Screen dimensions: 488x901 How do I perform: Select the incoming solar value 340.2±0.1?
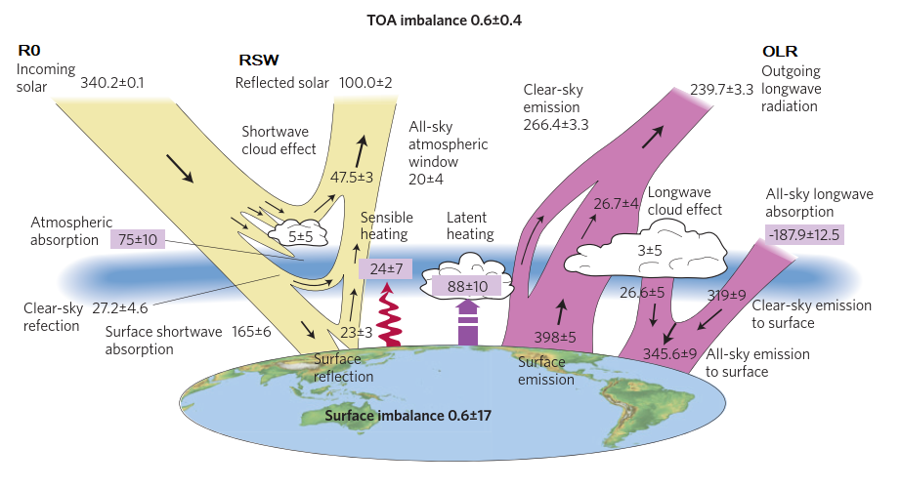click(x=111, y=83)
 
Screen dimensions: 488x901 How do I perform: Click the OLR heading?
click(x=781, y=50)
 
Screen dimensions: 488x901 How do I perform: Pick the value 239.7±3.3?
click(x=721, y=90)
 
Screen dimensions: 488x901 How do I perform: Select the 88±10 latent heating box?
click(x=467, y=287)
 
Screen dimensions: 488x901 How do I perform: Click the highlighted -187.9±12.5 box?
click(x=805, y=234)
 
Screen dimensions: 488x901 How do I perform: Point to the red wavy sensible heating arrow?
click(x=389, y=314)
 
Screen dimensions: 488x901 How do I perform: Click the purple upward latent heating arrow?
click(x=467, y=321)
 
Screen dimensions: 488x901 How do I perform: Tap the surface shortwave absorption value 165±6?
click(x=251, y=332)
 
